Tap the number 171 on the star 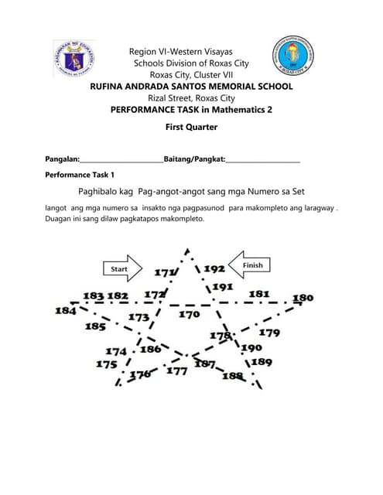point(164,272)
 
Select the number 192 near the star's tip point(214,268)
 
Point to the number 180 point(303,298)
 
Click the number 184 point(65,310)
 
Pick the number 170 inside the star point(189,315)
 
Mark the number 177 point(176,370)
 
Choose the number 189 point(262,361)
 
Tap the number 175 point(107,364)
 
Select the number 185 point(95,326)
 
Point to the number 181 point(258,294)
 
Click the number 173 point(138,317)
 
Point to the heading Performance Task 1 point(80,176)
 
